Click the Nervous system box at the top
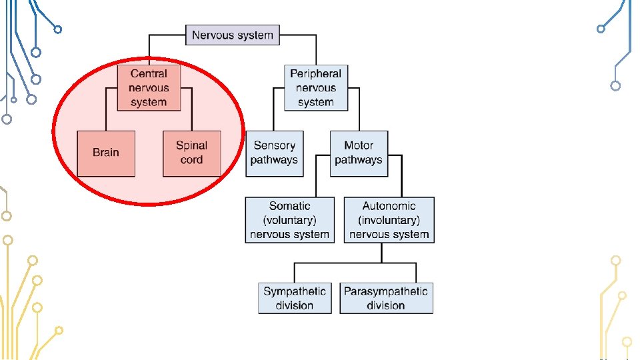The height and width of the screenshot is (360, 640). (x=232, y=35)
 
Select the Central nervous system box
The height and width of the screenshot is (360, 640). (x=149, y=87)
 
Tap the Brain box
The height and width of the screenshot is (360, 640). (x=106, y=153)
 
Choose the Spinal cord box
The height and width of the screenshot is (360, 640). (x=191, y=153)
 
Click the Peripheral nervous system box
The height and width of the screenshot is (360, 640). (x=315, y=87)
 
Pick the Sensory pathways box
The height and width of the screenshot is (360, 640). (x=274, y=153)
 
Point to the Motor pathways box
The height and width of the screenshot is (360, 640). (x=359, y=153)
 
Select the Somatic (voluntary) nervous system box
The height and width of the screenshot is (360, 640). (x=289, y=220)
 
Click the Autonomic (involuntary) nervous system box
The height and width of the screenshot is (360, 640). (x=389, y=220)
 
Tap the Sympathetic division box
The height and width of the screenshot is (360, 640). (x=295, y=298)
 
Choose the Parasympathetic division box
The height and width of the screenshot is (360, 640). (x=386, y=298)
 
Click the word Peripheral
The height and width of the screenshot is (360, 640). (x=315, y=74)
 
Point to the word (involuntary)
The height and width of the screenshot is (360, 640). (x=389, y=220)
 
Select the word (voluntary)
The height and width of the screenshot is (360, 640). (x=289, y=220)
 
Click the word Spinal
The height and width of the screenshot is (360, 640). (x=191, y=145)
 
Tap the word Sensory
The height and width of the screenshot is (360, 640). (x=274, y=145)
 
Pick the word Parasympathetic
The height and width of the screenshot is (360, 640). (x=386, y=291)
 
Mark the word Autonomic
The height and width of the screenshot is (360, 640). (x=389, y=207)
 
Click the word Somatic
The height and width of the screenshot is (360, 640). (x=289, y=207)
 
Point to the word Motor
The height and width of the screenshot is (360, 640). (x=359, y=145)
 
